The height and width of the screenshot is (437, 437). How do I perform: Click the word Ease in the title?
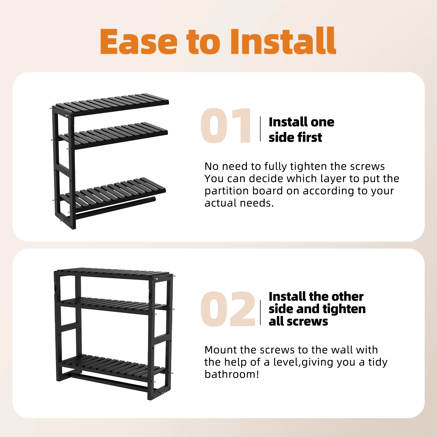[x=139, y=42]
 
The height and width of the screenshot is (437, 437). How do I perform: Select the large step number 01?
[x=226, y=125]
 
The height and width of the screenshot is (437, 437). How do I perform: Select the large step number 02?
[x=228, y=309]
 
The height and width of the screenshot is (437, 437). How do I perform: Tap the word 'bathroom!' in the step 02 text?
[x=232, y=374]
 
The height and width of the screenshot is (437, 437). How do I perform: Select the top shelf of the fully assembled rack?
[x=113, y=273]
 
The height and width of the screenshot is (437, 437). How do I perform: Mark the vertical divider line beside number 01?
[x=260, y=129]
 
